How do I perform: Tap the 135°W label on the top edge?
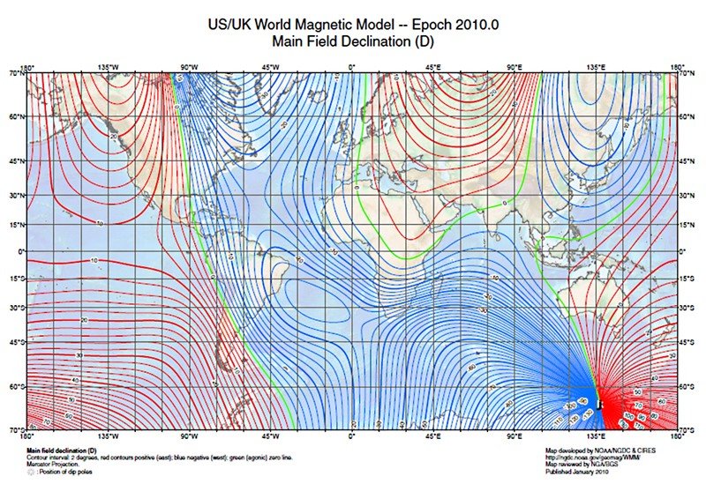(108, 67)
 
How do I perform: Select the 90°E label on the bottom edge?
(514, 436)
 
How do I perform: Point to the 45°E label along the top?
(433, 67)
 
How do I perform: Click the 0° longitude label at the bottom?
(352, 436)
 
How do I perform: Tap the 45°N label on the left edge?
(15, 161)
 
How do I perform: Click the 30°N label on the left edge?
(15, 195)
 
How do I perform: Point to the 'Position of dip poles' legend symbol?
(33, 472)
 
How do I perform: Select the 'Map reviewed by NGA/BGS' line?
(582, 465)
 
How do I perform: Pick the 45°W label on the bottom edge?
(271, 436)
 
